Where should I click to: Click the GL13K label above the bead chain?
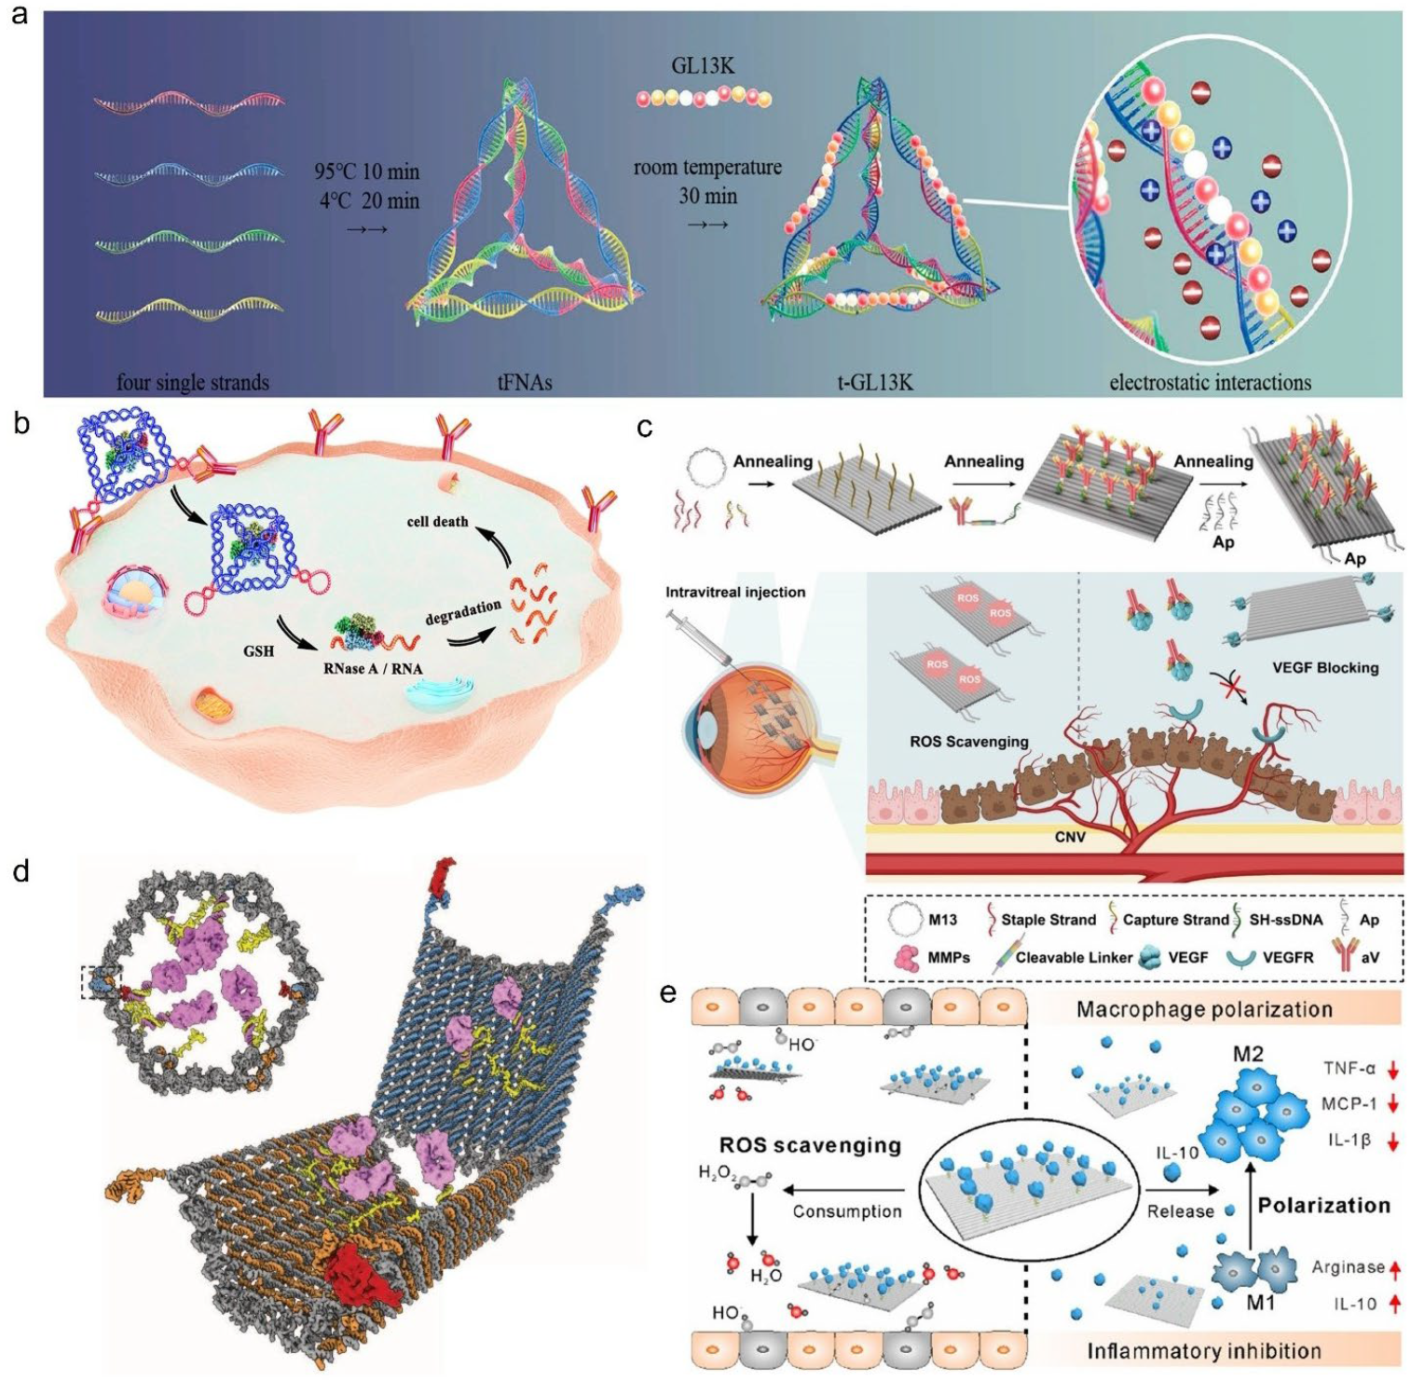coord(703,66)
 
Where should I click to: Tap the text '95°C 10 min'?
coord(366,171)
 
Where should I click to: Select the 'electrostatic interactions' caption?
coord(1210,382)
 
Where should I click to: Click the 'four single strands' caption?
coord(193,382)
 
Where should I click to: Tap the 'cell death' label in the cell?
coord(437,521)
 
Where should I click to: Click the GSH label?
coord(258,650)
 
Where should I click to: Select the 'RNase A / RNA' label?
coord(373,668)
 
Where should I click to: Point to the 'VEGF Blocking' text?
coord(1324,667)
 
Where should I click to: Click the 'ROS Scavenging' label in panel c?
coord(969,742)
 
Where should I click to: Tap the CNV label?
coord(1070,837)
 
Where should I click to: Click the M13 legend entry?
coord(942,920)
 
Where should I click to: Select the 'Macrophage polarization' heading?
coord(1204,1009)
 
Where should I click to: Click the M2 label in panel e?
coord(1248,1054)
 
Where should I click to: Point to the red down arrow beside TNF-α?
coord(1393,1070)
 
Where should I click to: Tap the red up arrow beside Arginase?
coord(1395,1268)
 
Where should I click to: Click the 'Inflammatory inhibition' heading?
coord(1204,1350)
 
